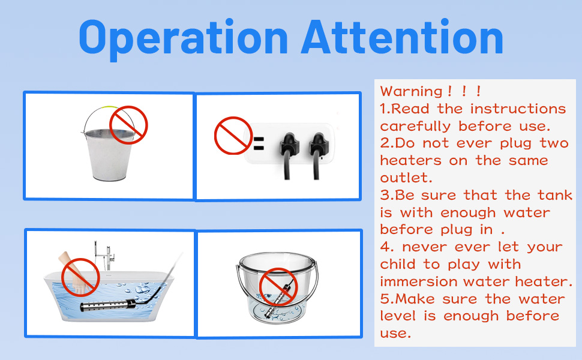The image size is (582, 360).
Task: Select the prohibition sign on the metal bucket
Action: point(128,125)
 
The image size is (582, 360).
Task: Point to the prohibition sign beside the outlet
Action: point(233,136)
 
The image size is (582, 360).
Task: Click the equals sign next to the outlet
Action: point(258,144)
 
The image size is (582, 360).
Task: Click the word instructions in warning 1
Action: point(518,109)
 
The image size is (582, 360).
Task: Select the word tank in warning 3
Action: point(554,196)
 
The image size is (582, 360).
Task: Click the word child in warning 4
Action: point(400,265)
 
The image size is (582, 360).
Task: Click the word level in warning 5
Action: point(400,316)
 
